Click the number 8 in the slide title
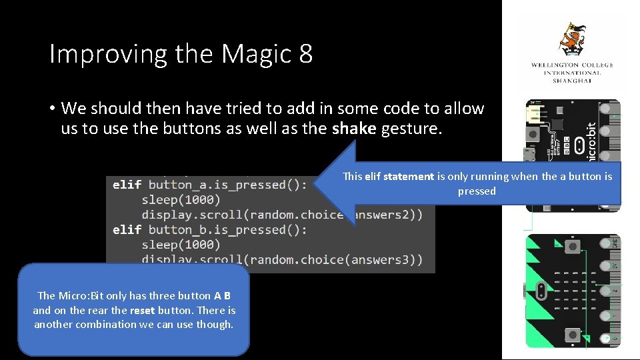pos(306,54)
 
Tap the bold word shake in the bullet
pos(354,129)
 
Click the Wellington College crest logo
pos(573,40)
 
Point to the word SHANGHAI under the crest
pos(572,81)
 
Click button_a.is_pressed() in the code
pos(227,185)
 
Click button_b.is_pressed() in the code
pos(227,229)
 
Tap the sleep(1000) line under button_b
pos(181,244)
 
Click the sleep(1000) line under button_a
pos(181,199)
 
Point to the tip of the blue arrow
pos(314,184)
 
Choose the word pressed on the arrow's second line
pos(477,191)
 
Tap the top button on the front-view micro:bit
pos(572,247)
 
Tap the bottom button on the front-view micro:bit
pos(572,335)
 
